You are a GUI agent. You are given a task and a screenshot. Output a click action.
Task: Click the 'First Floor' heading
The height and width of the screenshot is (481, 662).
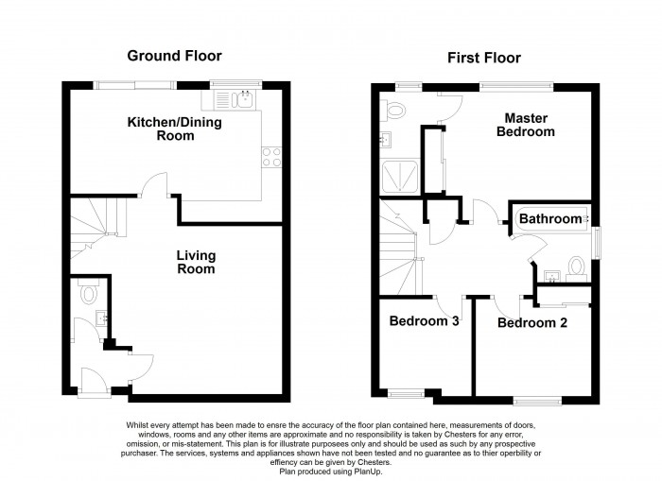(484, 59)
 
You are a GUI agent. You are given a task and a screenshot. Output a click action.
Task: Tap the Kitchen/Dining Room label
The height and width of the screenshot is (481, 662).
(162, 129)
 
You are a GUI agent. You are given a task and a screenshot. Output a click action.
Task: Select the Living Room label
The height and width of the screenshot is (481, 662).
(196, 262)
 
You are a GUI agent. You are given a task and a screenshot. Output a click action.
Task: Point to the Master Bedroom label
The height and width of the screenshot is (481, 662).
(529, 125)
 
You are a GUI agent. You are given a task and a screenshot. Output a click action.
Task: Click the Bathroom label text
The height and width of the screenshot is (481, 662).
(549, 219)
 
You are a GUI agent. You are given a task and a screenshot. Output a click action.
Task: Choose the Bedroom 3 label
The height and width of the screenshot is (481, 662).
(424, 321)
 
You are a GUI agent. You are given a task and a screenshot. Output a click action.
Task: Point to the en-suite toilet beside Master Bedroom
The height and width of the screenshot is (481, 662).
(393, 112)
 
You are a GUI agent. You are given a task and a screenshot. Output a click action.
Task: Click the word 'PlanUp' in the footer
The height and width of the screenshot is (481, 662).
(382, 470)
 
